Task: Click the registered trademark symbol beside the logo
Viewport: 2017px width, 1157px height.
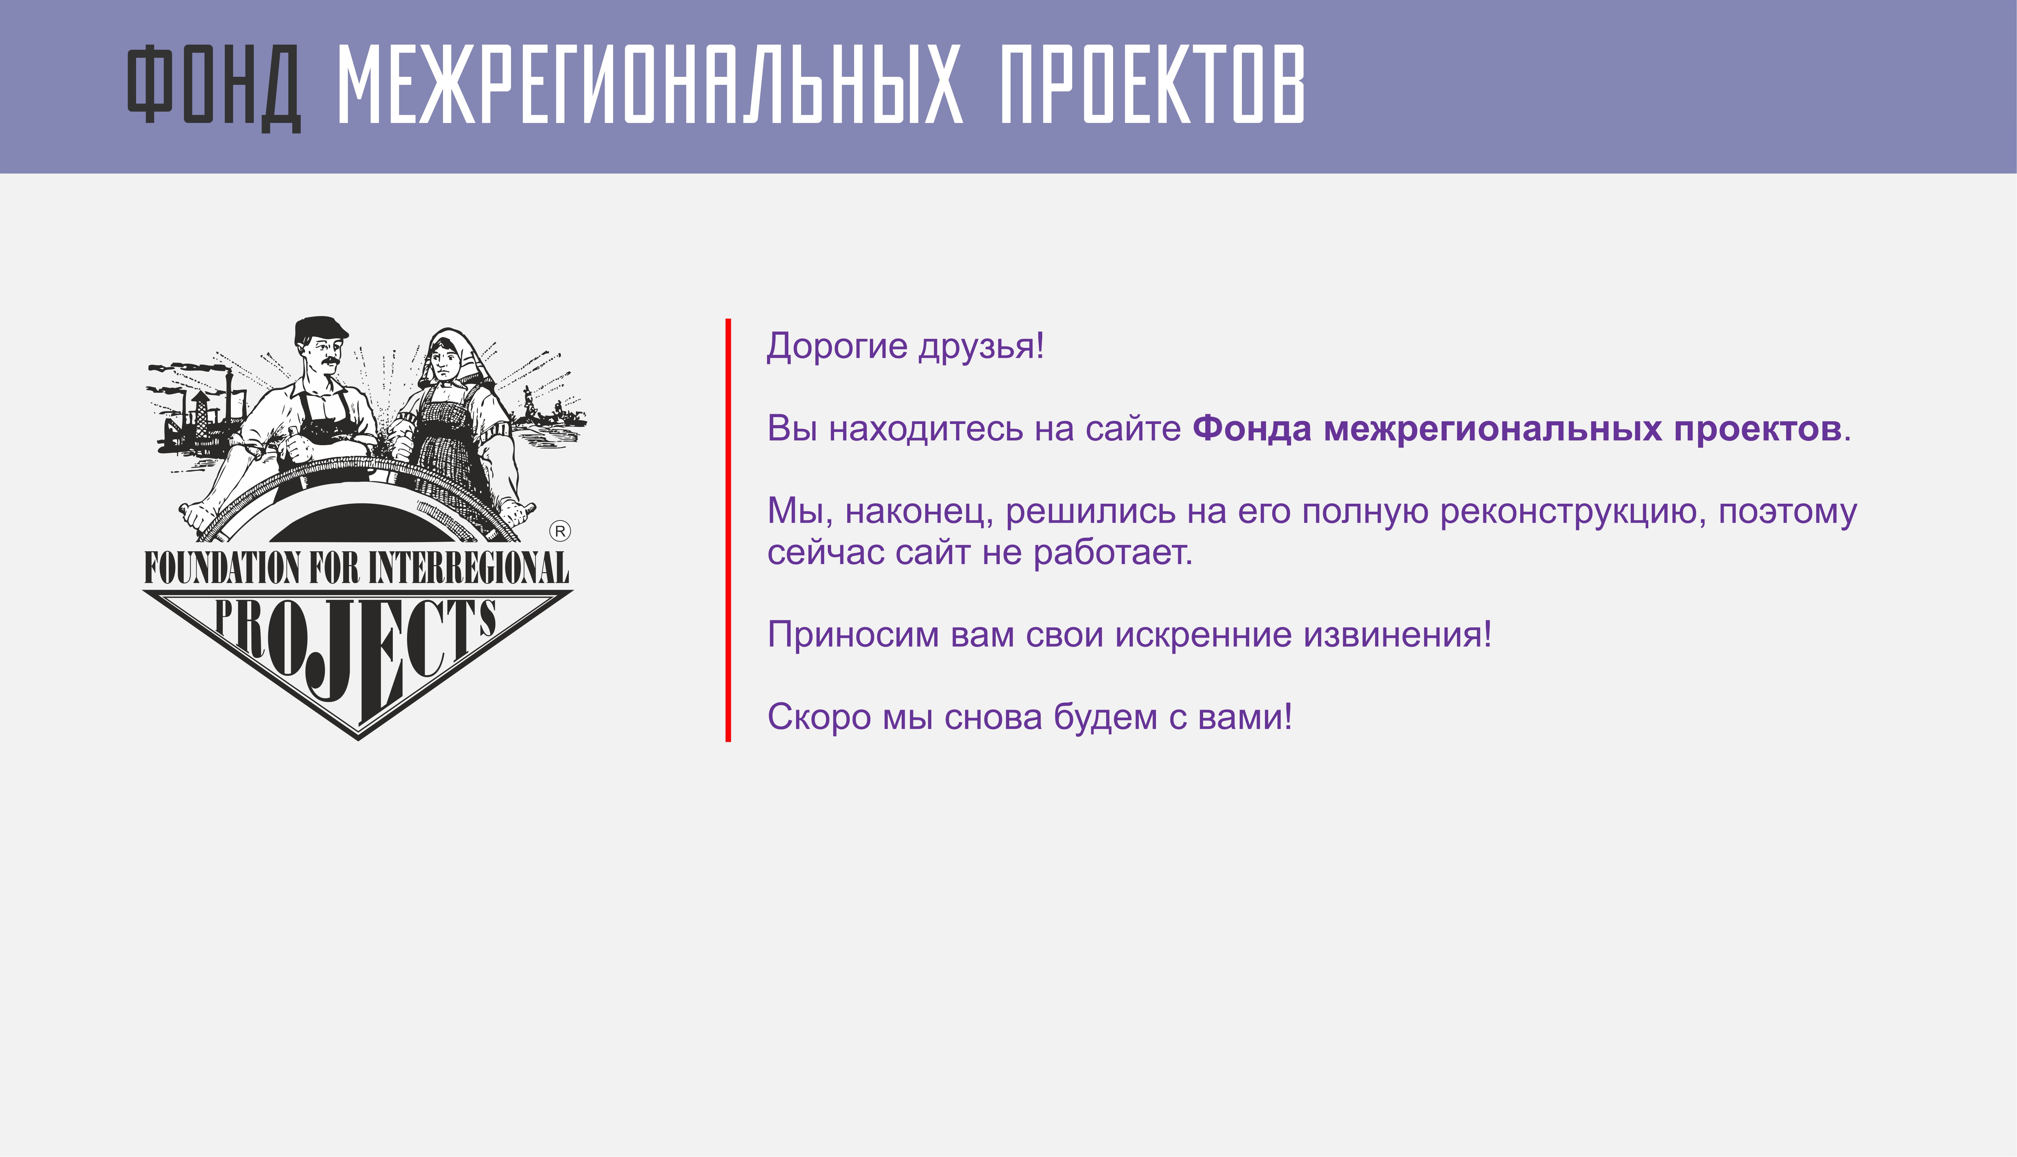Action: tap(560, 531)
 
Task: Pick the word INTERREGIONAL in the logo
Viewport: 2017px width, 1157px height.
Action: tap(469, 567)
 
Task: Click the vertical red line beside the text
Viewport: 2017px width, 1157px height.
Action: tap(728, 530)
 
